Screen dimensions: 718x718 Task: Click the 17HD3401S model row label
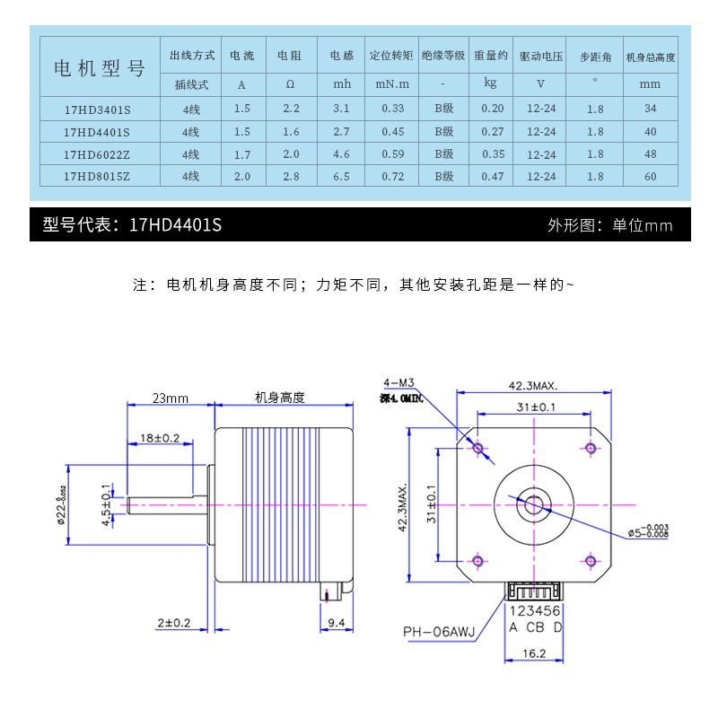click(97, 109)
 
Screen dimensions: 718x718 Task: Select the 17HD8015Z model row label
click(97, 177)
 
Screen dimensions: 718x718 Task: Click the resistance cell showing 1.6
click(291, 131)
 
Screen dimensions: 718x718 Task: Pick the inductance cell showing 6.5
click(341, 177)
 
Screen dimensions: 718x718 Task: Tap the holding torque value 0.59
click(392, 154)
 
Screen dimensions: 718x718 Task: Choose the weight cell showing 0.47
click(492, 177)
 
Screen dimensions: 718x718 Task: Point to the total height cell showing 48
click(651, 154)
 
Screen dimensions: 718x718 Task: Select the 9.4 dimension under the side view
click(337, 622)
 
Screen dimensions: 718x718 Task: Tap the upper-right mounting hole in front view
click(591, 448)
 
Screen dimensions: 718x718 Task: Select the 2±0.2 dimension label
click(172, 622)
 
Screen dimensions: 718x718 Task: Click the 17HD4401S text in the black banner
click(175, 225)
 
